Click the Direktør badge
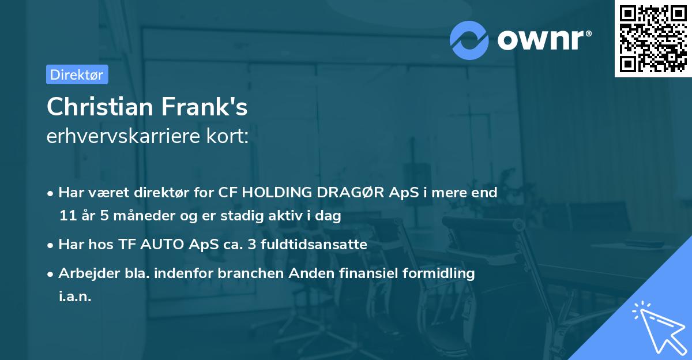[x=77, y=74]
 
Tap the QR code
[x=653, y=38]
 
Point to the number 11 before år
[x=67, y=216]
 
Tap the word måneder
[x=139, y=217]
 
